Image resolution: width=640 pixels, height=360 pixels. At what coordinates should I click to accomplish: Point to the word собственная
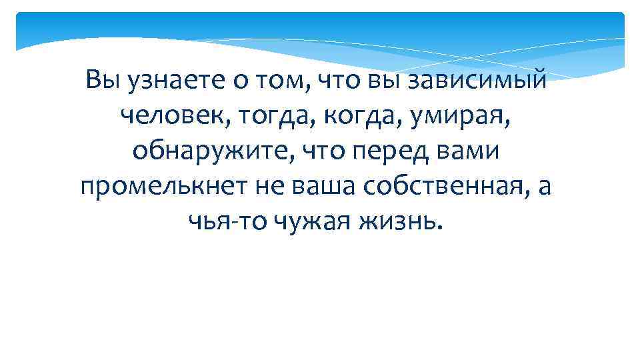[443, 187]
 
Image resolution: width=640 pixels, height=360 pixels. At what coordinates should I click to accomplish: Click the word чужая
[313, 222]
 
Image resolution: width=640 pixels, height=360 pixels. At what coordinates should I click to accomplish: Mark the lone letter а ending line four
[545, 187]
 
